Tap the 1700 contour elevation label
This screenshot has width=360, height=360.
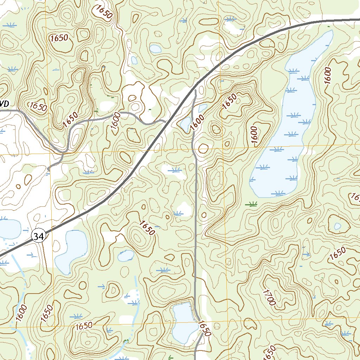coord(268,296)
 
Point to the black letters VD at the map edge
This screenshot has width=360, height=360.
coord(4,104)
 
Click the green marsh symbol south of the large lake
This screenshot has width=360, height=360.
coord(251,203)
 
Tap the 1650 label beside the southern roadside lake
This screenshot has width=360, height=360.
coord(204,328)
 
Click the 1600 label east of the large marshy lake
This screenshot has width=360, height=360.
coord(328,75)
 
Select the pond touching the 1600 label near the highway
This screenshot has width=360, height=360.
coord(185,123)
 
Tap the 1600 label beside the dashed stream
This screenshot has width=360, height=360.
coord(21,313)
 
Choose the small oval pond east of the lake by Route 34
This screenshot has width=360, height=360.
coord(126,256)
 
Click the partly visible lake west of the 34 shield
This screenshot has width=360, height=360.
coord(9,229)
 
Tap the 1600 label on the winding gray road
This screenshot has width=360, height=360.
coord(116,121)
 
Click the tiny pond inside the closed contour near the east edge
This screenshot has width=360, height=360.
coord(337,226)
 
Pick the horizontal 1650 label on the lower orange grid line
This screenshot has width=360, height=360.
coord(84,326)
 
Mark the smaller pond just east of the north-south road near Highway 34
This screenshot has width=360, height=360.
coord(202,108)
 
